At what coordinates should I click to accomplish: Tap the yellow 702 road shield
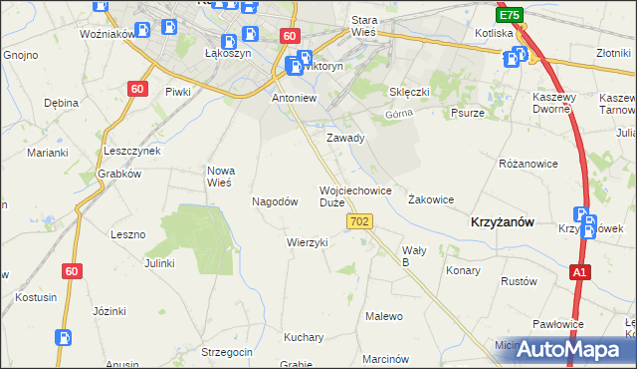tap(361, 220)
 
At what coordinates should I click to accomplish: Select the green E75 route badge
tap(510, 16)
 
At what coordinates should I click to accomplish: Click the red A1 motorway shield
tap(579, 271)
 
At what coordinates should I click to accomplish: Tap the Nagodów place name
tap(275, 201)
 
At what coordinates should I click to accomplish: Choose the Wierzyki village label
tap(307, 242)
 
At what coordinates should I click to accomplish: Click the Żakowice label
tap(431, 199)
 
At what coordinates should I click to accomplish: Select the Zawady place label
tap(346, 139)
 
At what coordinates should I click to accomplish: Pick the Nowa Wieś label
tap(219, 177)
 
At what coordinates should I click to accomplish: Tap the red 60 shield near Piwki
tap(136, 89)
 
